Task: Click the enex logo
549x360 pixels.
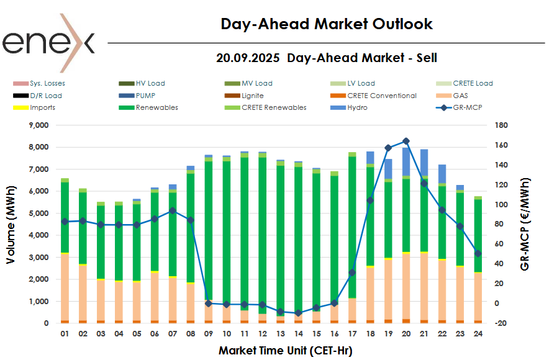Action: (x=48, y=42)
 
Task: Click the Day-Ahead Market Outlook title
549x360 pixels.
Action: (x=327, y=24)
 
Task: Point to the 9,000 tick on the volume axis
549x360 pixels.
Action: (x=39, y=125)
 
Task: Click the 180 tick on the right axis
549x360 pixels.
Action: (x=502, y=125)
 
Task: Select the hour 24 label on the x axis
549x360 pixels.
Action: (x=478, y=334)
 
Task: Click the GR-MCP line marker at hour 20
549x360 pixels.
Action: (x=406, y=141)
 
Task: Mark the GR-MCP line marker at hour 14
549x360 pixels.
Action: (x=298, y=313)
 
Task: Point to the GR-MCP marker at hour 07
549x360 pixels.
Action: (x=172, y=211)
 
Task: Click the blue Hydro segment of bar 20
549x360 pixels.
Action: (x=406, y=161)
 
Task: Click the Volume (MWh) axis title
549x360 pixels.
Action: (x=11, y=225)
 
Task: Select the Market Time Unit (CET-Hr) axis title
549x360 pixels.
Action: (x=285, y=351)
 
